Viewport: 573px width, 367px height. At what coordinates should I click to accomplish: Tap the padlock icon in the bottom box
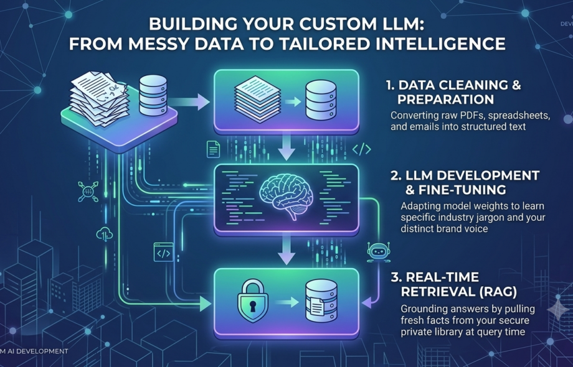(x=252, y=301)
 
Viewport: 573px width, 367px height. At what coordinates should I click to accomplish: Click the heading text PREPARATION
(x=445, y=100)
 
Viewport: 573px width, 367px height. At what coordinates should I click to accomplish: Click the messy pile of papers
(x=100, y=98)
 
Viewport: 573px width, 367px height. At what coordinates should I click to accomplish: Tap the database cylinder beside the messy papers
(x=153, y=96)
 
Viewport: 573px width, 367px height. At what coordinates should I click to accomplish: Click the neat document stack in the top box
(x=258, y=98)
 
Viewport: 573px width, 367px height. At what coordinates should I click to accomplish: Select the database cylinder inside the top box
(x=321, y=100)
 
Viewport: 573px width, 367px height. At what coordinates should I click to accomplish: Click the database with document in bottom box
(x=321, y=300)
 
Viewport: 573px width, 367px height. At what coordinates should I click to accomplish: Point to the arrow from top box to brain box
(x=286, y=147)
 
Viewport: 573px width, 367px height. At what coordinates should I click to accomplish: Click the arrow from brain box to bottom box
(x=286, y=249)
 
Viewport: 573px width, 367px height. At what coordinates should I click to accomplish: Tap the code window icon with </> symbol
(x=163, y=252)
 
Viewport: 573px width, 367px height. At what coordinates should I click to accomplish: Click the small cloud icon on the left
(x=104, y=234)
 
